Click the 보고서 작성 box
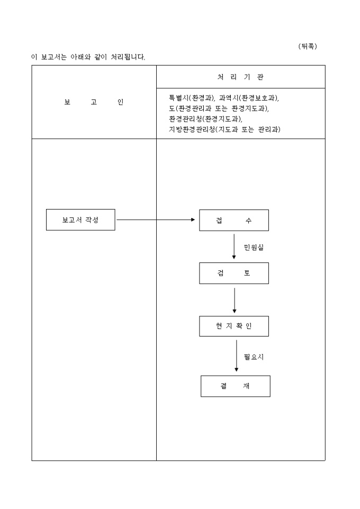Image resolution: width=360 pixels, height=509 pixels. tap(80, 220)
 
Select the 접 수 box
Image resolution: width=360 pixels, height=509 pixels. tap(233, 220)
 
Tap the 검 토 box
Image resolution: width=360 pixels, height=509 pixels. tap(233, 273)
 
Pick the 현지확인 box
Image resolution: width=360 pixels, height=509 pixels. tap(233, 326)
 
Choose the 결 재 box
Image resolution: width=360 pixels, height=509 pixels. tap(235, 386)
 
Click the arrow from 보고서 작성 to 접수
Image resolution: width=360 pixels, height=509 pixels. tap(156, 220)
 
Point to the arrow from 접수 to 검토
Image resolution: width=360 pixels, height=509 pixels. tap(234, 246)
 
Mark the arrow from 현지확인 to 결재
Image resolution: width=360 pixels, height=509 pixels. tap(236, 356)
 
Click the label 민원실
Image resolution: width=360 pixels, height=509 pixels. tap(253, 247)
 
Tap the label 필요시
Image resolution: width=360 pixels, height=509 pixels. tap(254, 357)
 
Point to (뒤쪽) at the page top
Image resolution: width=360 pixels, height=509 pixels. tap(308, 47)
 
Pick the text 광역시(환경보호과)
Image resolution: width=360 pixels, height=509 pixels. tap(249, 98)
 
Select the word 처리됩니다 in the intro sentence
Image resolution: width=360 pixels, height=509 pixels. tap(128, 57)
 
